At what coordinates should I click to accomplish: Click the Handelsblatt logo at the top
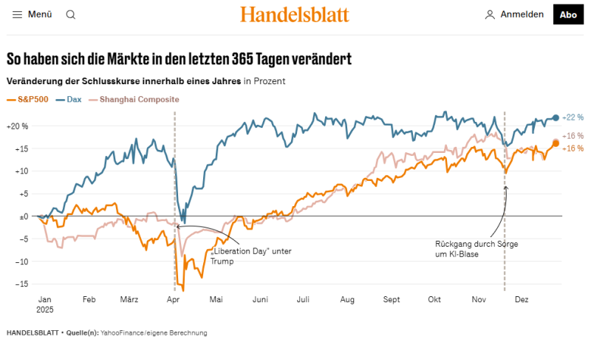pyautogui.click(x=294, y=14)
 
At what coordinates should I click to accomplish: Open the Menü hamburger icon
pyautogui.click(x=18, y=14)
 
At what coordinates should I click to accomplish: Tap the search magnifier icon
pyautogui.click(x=71, y=14)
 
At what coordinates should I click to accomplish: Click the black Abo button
pyautogui.click(x=568, y=14)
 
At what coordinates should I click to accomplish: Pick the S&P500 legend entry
pyautogui.click(x=27, y=99)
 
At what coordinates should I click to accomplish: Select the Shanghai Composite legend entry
pyautogui.click(x=134, y=99)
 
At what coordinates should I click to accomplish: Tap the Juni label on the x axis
pyautogui.click(x=260, y=300)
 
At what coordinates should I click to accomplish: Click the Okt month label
pyautogui.click(x=434, y=300)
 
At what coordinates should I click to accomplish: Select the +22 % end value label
pyautogui.click(x=573, y=117)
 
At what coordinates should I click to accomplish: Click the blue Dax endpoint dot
pyautogui.click(x=556, y=117)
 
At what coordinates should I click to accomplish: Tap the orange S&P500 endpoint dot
pyautogui.click(x=556, y=143)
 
